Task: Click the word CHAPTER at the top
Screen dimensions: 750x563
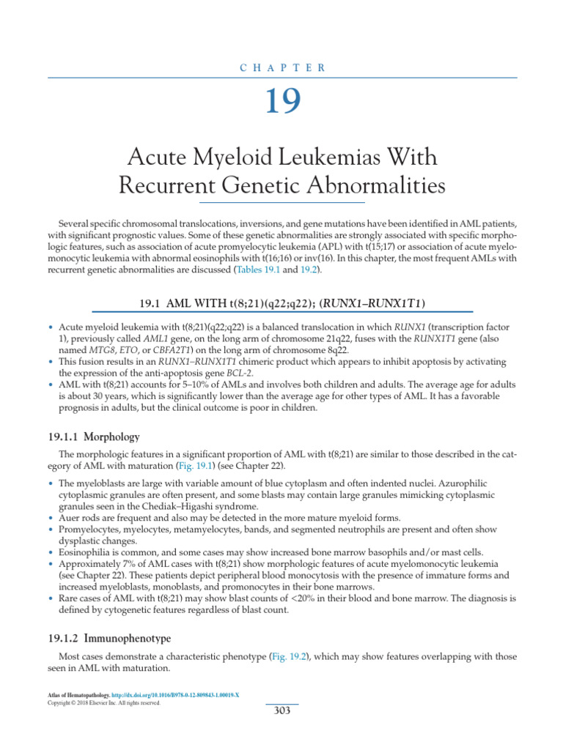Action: (x=281, y=67)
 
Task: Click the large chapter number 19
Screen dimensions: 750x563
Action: (x=281, y=102)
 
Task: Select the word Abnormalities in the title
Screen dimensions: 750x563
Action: (x=364, y=185)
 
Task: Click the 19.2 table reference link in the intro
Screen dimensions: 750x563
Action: (x=308, y=270)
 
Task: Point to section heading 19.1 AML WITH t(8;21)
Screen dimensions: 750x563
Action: (x=281, y=302)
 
